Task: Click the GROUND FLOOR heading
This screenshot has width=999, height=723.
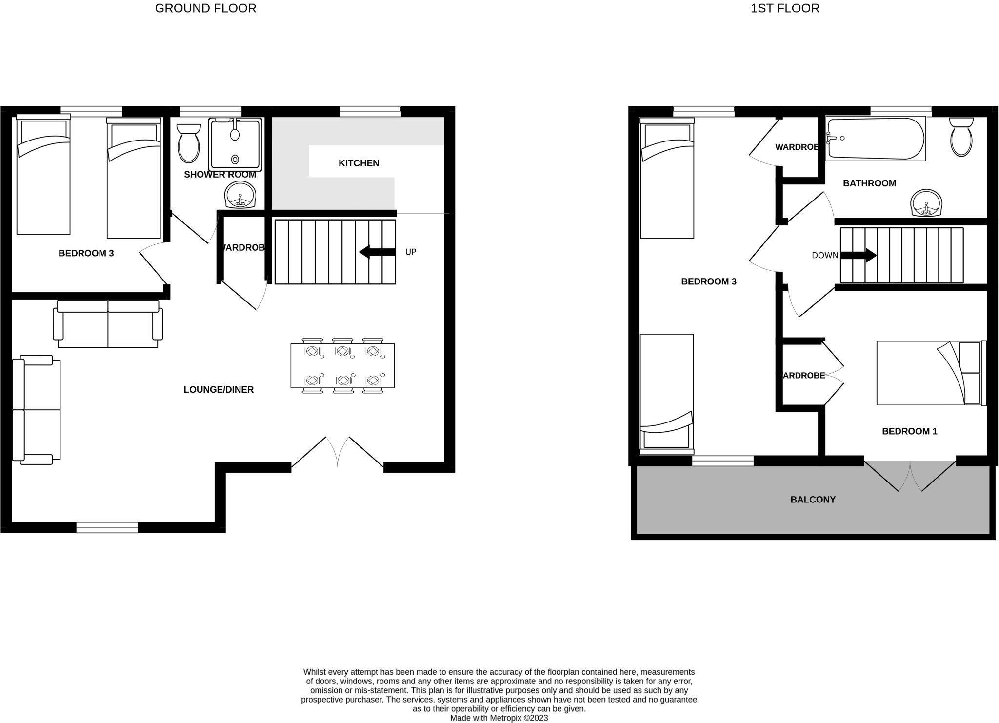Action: point(205,8)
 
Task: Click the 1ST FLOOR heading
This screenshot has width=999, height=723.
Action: point(785,8)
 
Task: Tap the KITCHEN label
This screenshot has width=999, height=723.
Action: point(359,163)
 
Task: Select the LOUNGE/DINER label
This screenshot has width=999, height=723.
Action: point(219,389)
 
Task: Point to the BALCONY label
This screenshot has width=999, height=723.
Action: point(813,500)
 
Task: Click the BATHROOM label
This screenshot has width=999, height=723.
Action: point(869,183)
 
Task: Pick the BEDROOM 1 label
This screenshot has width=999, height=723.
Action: point(909,431)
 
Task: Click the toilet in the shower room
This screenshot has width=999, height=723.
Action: point(188,142)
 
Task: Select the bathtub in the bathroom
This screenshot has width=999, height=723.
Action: point(876,139)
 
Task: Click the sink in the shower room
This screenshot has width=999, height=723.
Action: point(240,196)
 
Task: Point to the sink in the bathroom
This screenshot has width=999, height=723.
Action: point(926,203)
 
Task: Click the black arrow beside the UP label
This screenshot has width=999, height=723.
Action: point(377,252)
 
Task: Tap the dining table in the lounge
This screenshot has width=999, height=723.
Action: point(342,366)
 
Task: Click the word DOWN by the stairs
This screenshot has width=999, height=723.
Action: point(824,255)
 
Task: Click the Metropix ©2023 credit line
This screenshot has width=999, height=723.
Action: point(499,718)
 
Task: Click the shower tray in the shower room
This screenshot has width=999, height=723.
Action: point(235,144)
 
